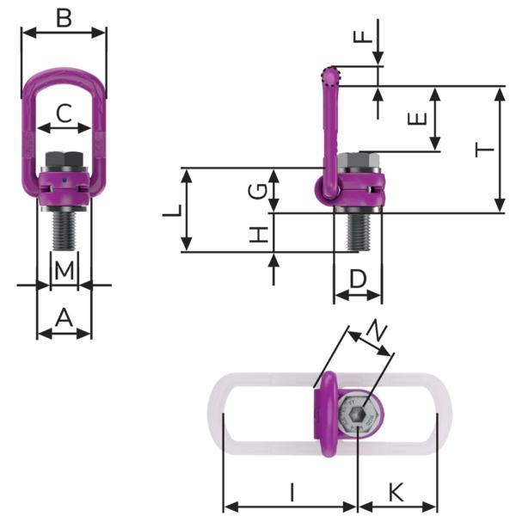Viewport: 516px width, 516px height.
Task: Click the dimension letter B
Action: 64,17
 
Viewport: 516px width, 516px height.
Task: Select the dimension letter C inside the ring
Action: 64,113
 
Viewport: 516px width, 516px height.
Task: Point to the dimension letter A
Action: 64,318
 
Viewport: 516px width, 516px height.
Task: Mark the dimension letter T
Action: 486,150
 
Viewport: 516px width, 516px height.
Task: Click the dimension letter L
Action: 173,211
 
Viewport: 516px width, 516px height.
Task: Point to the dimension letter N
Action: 376,329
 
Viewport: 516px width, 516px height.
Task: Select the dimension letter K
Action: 396,492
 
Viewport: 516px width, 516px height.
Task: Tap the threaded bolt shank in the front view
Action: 64,230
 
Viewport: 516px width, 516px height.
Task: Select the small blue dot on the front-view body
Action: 64,181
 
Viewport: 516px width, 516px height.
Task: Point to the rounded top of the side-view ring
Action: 331,76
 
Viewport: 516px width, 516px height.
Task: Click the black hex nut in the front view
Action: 64,160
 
